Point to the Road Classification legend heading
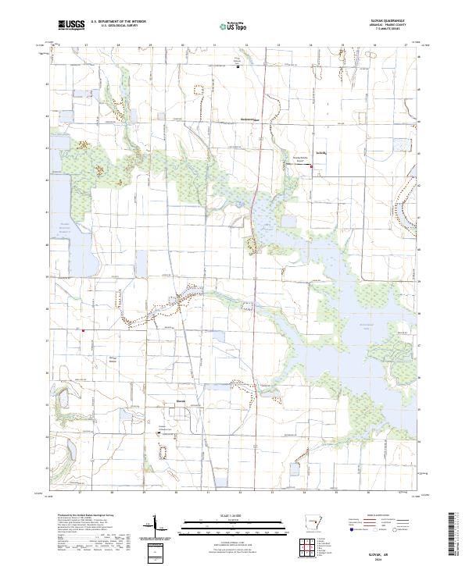click(373, 516)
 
